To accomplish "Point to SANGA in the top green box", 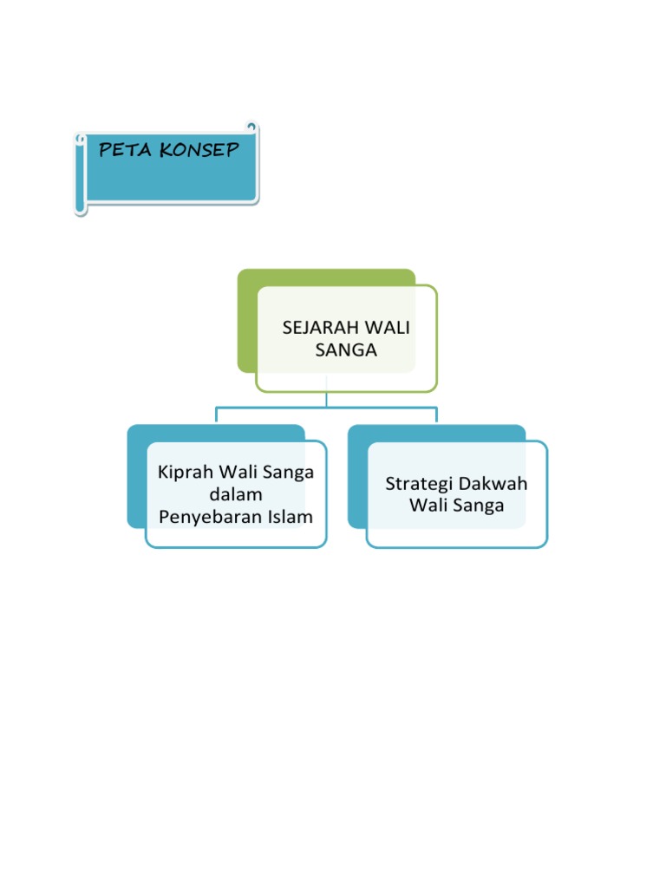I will tap(346, 350).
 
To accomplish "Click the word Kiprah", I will tap(184, 473).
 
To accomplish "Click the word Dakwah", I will tap(493, 483).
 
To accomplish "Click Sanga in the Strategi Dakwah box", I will tap(478, 506).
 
